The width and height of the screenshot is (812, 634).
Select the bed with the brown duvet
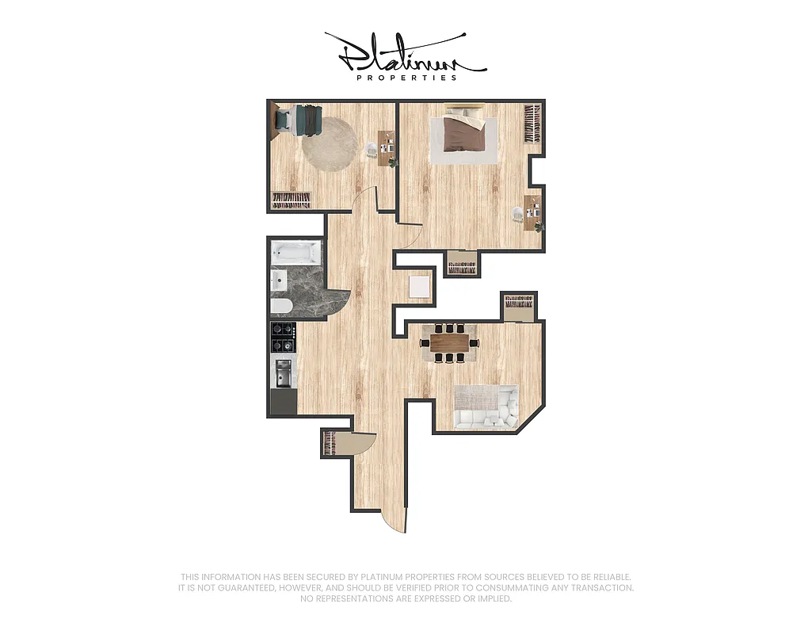tap(462, 132)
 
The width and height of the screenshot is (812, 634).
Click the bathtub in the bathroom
tap(296, 254)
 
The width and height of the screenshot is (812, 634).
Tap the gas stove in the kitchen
tap(284, 338)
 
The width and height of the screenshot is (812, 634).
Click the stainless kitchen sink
tap(283, 372)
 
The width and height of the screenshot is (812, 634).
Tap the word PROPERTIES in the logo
tap(406, 78)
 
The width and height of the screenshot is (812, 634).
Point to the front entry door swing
tap(395, 523)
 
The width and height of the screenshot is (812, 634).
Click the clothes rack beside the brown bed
tap(532, 123)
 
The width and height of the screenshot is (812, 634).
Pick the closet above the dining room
tap(520, 304)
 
